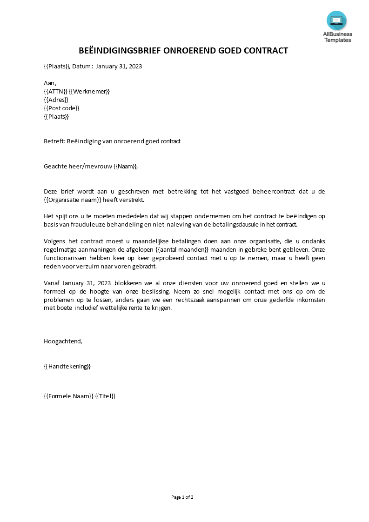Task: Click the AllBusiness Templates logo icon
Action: [x=336, y=20]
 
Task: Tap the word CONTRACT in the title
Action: [x=268, y=51]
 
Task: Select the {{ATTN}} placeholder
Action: [x=55, y=91]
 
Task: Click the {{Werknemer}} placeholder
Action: [x=89, y=91]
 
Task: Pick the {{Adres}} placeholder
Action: [x=56, y=100]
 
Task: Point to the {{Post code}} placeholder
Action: [x=61, y=108]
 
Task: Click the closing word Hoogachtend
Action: [x=62, y=341]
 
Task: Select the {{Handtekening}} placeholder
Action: [x=67, y=366]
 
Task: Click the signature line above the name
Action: [x=129, y=391]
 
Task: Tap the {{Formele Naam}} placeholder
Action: [x=68, y=396]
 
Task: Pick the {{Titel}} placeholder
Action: [x=105, y=396]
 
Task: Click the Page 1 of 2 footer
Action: [x=182, y=497]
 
